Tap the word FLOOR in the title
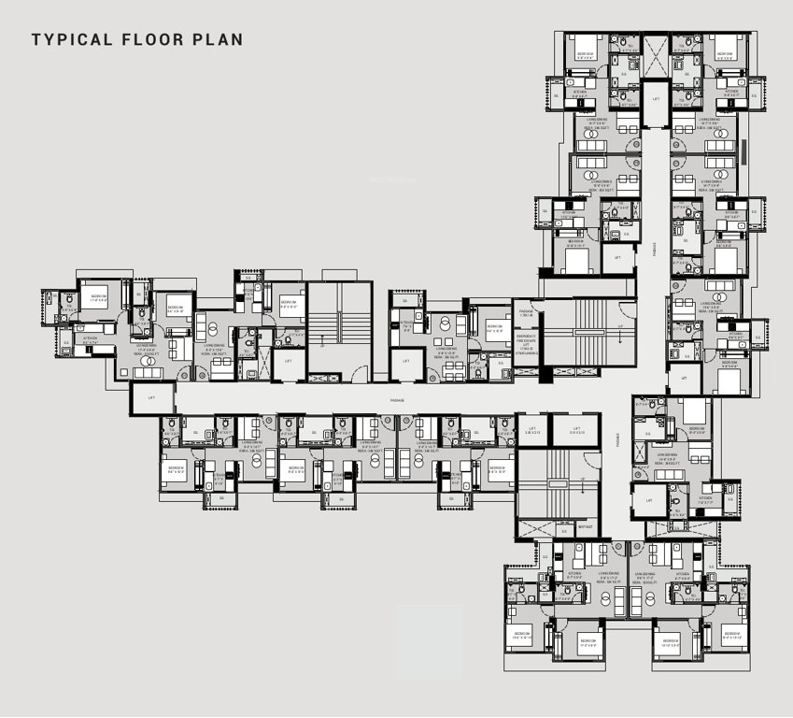click(x=149, y=39)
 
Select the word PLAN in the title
click(x=218, y=39)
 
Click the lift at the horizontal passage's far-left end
click(x=152, y=398)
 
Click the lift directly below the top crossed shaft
click(x=656, y=98)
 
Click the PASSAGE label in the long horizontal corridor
click(x=397, y=400)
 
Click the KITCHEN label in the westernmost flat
click(x=91, y=340)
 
